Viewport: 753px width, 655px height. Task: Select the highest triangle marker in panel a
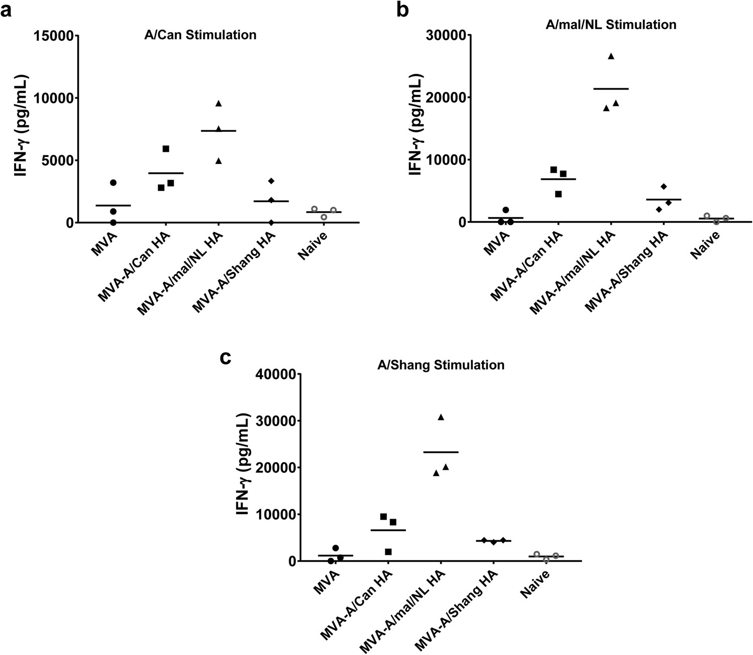coord(218,103)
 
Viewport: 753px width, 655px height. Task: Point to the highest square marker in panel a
coord(166,149)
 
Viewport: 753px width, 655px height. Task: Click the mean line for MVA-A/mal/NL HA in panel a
coord(218,131)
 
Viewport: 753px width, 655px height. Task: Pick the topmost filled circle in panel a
coord(113,183)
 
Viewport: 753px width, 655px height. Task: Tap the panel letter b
coord(402,10)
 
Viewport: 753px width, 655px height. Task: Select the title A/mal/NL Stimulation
coord(611,24)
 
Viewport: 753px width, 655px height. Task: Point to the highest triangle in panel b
coord(611,56)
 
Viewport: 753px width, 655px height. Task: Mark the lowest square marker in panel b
coord(558,194)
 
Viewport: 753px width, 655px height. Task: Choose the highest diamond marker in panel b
coord(664,187)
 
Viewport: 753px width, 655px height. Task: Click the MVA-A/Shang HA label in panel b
coord(625,271)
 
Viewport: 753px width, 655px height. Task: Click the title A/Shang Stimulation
coord(441,365)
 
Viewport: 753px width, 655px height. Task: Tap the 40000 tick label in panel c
coord(278,374)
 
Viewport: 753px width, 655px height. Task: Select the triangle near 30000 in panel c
coord(441,417)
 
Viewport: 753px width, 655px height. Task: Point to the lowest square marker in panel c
coord(388,552)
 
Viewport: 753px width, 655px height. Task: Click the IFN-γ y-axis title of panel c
coord(242,464)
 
